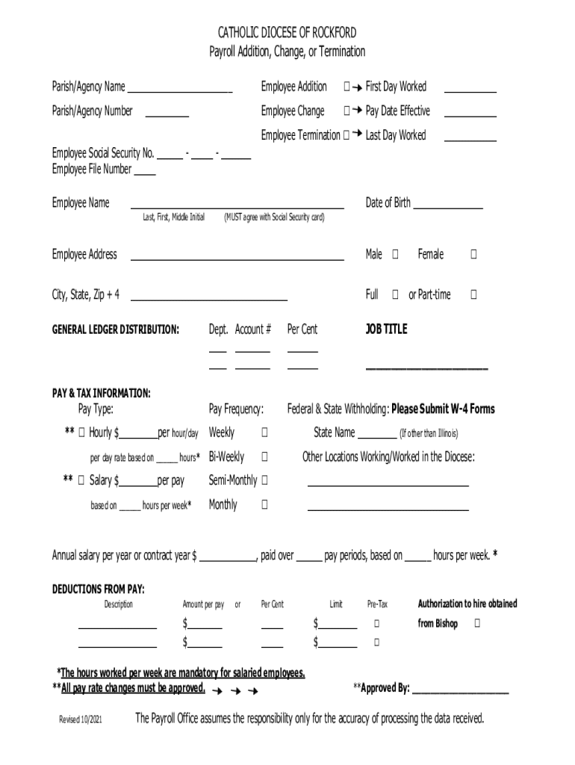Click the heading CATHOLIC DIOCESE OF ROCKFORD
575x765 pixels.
(x=287, y=33)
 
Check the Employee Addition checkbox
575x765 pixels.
(x=346, y=87)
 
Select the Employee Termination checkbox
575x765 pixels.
(x=346, y=136)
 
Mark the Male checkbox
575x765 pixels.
(x=395, y=255)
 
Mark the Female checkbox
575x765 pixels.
(x=473, y=255)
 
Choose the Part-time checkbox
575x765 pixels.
(x=473, y=295)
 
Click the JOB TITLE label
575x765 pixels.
(x=386, y=329)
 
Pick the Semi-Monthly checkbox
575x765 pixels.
(x=264, y=480)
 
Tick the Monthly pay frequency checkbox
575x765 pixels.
(x=264, y=505)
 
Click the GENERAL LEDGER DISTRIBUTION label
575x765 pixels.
(x=115, y=329)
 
